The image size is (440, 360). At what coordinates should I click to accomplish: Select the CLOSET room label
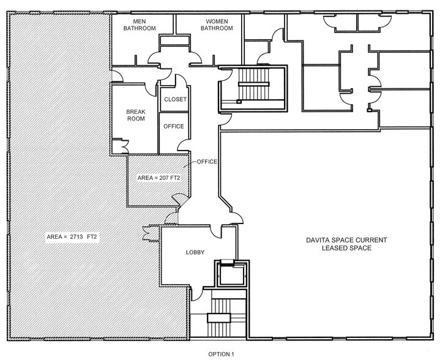point(174,99)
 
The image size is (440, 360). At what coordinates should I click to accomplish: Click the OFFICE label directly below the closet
point(173,127)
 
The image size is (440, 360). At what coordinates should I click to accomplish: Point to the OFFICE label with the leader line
point(207,162)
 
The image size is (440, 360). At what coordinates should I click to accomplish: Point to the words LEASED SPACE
point(339,249)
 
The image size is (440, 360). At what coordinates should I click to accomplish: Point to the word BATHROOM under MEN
point(140,28)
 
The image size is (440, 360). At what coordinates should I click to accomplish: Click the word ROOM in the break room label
point(135,119)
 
